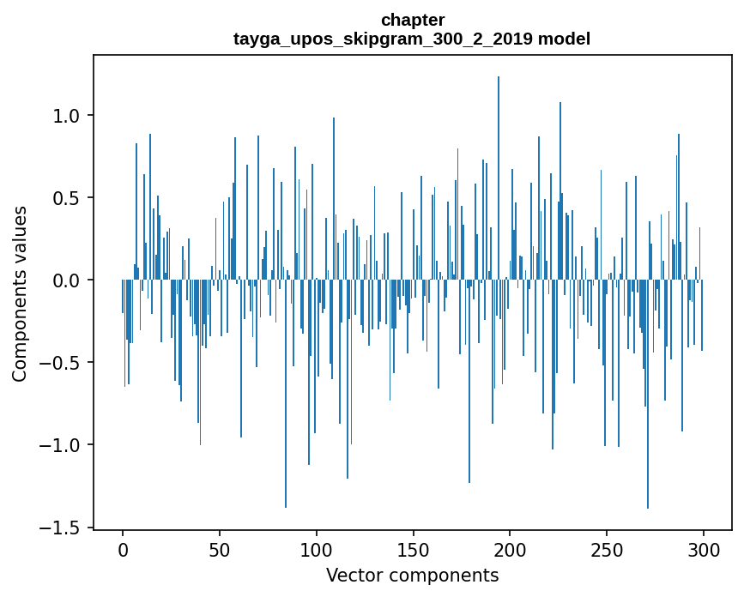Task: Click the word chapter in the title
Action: point(413,20)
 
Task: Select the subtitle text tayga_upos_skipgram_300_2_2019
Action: point(383,39)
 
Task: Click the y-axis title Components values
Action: point(20,293)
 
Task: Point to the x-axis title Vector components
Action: point(412,575)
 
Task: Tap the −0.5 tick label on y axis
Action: point(62,363)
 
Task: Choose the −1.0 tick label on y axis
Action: point(62,445)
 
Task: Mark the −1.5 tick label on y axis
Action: point(62,528)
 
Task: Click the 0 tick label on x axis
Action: point(123,549)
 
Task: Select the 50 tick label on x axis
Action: point(220,549)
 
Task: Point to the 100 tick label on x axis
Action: point(317,549)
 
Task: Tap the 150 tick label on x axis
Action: point(414,549)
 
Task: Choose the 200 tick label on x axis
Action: point(511,549)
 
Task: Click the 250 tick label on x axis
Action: point(608,549)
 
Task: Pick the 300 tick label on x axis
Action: point(704,549)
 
